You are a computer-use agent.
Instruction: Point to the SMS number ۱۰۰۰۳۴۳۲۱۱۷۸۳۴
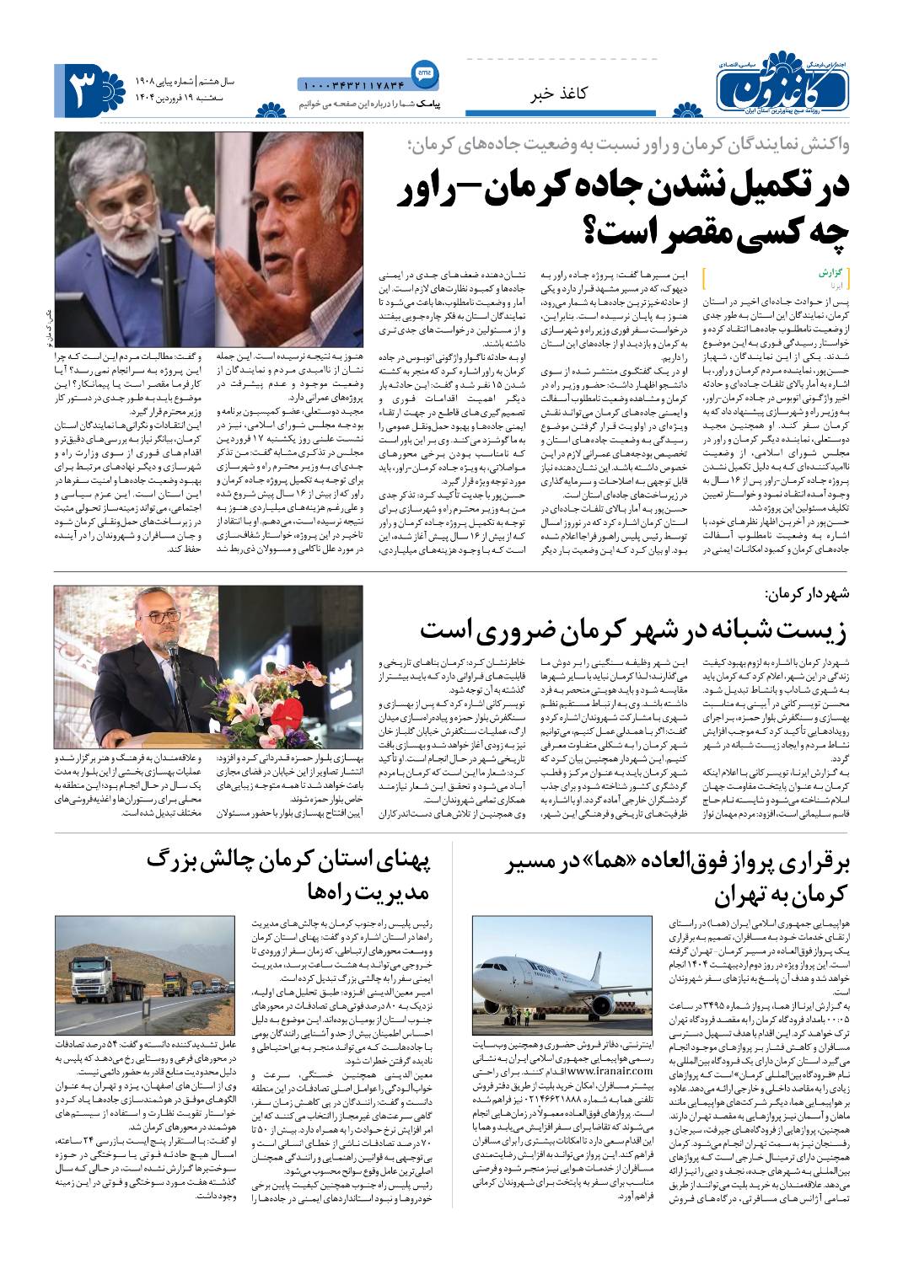coord(352,84)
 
